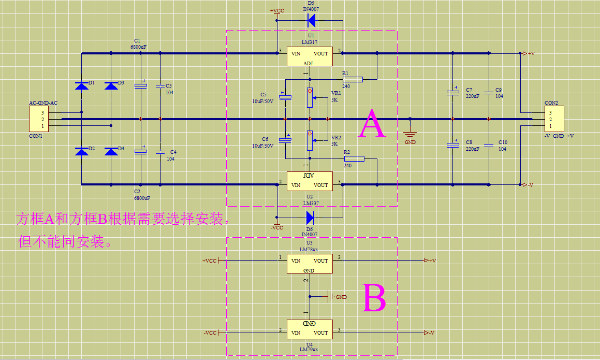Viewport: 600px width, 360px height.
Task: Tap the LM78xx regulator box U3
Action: (310, 263)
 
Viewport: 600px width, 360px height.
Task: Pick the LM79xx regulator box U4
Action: (310, 329)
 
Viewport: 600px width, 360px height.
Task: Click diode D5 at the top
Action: (312, 21)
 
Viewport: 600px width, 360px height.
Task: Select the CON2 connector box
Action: (554, 119)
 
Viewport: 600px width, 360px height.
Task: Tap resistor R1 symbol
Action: (353, 79)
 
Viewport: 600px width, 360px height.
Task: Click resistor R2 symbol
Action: (354, 159)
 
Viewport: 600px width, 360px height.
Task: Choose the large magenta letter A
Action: (372, 124)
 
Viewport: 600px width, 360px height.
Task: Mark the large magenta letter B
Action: (373, 298)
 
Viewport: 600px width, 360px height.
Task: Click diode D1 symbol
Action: (81, 85)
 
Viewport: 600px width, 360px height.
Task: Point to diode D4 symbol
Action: (111, 151)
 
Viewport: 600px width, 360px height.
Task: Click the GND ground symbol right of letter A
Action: (409, 135)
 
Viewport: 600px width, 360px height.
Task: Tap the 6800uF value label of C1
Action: (138, 47)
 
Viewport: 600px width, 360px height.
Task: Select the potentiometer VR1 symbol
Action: (310, 97)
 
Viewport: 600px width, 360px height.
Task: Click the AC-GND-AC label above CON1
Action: (43, 103)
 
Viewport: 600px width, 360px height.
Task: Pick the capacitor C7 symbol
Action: (453, 93)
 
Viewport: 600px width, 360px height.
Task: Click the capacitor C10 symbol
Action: (488, 145)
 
